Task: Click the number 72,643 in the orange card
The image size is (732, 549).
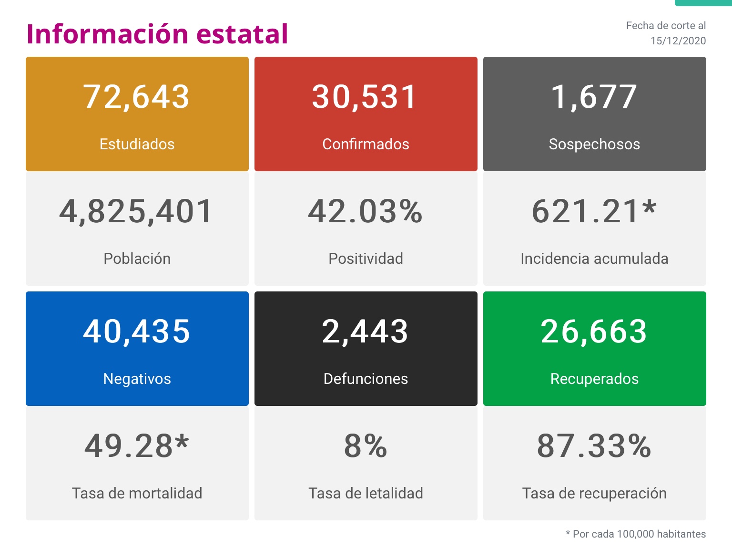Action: [x=137, y=97]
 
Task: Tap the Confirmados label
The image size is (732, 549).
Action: [x=366, y=144]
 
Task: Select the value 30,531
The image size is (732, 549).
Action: [x=365, y=97]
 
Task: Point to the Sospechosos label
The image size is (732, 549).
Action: [x=594, y=144]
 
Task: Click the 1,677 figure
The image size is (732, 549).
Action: [x=594, y=97]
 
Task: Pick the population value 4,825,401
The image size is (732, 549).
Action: [x=136, y=211]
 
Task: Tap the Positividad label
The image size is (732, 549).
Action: [x=366, y=259]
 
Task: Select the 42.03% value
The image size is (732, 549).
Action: [x=366, y=211]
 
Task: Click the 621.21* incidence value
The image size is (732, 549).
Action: [x=594, y=211]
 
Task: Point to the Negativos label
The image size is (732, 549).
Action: [x=137, y=379]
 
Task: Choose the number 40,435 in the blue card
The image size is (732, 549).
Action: [x=137, y=331]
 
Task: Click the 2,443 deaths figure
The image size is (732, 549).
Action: [x=365, y=331]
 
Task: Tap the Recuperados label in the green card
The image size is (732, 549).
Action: [x=594, y=379]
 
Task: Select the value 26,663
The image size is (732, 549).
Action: [x=594, y=331]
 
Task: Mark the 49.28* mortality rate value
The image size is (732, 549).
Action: [x=137, y=446]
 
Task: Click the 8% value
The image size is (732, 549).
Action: [x=366, y=446]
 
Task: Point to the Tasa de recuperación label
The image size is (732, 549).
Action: [x=594, y=493]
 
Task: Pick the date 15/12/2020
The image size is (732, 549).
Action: [x=678, y=41]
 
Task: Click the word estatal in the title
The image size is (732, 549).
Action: [x=242, y=34]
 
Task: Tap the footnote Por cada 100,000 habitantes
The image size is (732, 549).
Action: [x=639, y=534]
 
